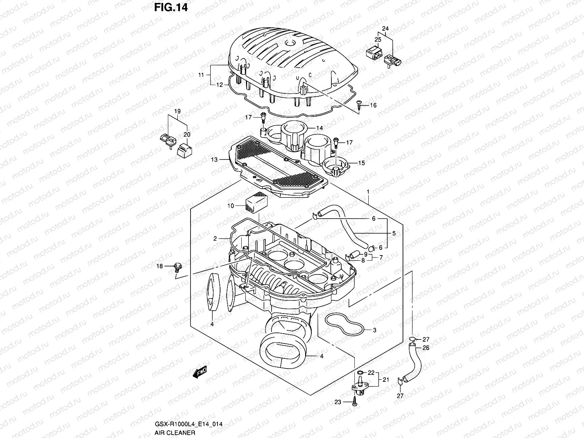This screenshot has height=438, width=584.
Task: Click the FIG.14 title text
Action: pyautogui.click(x=170, y=7)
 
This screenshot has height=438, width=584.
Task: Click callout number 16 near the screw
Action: pyautogui.click(x=373, y=105)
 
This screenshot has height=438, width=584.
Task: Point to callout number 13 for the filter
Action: pyautogui.click(x=214, y=160)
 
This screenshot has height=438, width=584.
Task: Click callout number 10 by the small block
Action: pyautogui.click(x=230, y=206)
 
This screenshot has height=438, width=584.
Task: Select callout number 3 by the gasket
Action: pyautogui.click(x=374, y=330)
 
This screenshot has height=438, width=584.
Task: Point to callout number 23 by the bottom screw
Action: pyautogui.click(x=337, y=402)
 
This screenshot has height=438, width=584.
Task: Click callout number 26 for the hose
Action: pyautogui.click(x=426, y=348)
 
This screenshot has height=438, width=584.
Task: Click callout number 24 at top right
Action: pyautogui.click(x=385, y=28)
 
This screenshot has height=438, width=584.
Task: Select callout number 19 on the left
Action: pyautogui.click(x=177, y=111)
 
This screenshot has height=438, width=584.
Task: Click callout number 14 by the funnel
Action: pyautogui.click(x=319, y=128)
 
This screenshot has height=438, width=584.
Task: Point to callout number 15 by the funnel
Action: pyautogui.click(x=361, y=163)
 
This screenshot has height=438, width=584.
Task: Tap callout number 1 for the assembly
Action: pyautogui.click(x=368, y=192)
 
